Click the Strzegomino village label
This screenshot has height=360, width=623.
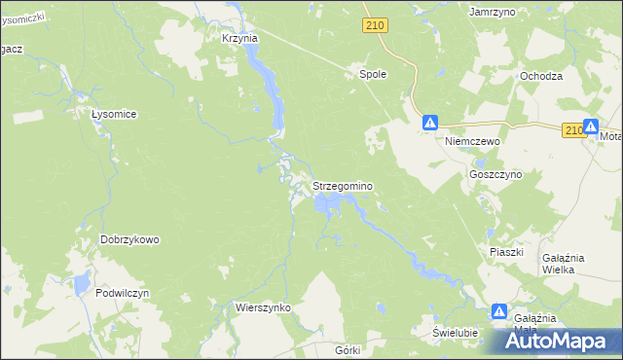click(343, 185)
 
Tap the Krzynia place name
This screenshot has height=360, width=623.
click(239, 38)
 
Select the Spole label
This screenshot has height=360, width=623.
click(374, 73)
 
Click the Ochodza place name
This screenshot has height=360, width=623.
click(541, 76)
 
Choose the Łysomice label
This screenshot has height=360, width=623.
click(113, 114)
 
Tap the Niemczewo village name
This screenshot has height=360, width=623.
click(472, 141)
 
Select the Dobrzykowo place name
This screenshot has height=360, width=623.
click(129, 239)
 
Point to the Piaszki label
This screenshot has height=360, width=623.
click(506, 252)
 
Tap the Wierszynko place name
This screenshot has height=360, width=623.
click(264, 306)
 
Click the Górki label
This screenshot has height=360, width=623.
click(347, 349)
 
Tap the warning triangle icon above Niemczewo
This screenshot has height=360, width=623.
click(430, 123)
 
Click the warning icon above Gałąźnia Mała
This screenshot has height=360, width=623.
click(499, 311)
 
